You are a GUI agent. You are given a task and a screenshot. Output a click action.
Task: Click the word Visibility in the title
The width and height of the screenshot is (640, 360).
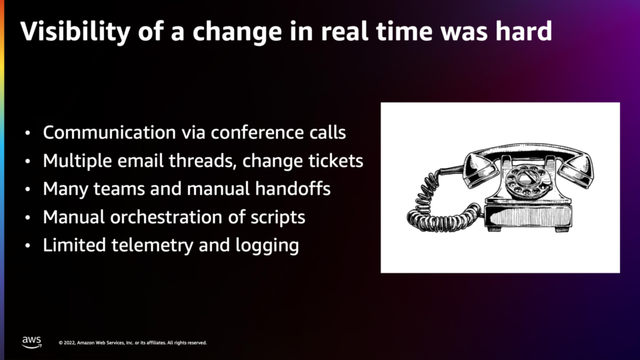75,31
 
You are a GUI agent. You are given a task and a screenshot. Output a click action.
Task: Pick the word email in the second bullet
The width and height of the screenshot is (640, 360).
141,161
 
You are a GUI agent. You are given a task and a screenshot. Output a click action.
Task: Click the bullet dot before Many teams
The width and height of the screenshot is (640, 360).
27,189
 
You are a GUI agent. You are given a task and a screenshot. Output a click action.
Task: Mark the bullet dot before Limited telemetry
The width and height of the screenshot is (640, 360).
27,246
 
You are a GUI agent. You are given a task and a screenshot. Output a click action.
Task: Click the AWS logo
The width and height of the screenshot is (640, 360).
31,342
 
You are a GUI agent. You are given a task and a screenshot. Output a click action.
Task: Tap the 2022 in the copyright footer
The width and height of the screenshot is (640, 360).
69,343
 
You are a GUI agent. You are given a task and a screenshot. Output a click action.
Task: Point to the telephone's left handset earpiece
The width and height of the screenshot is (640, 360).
481,170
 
